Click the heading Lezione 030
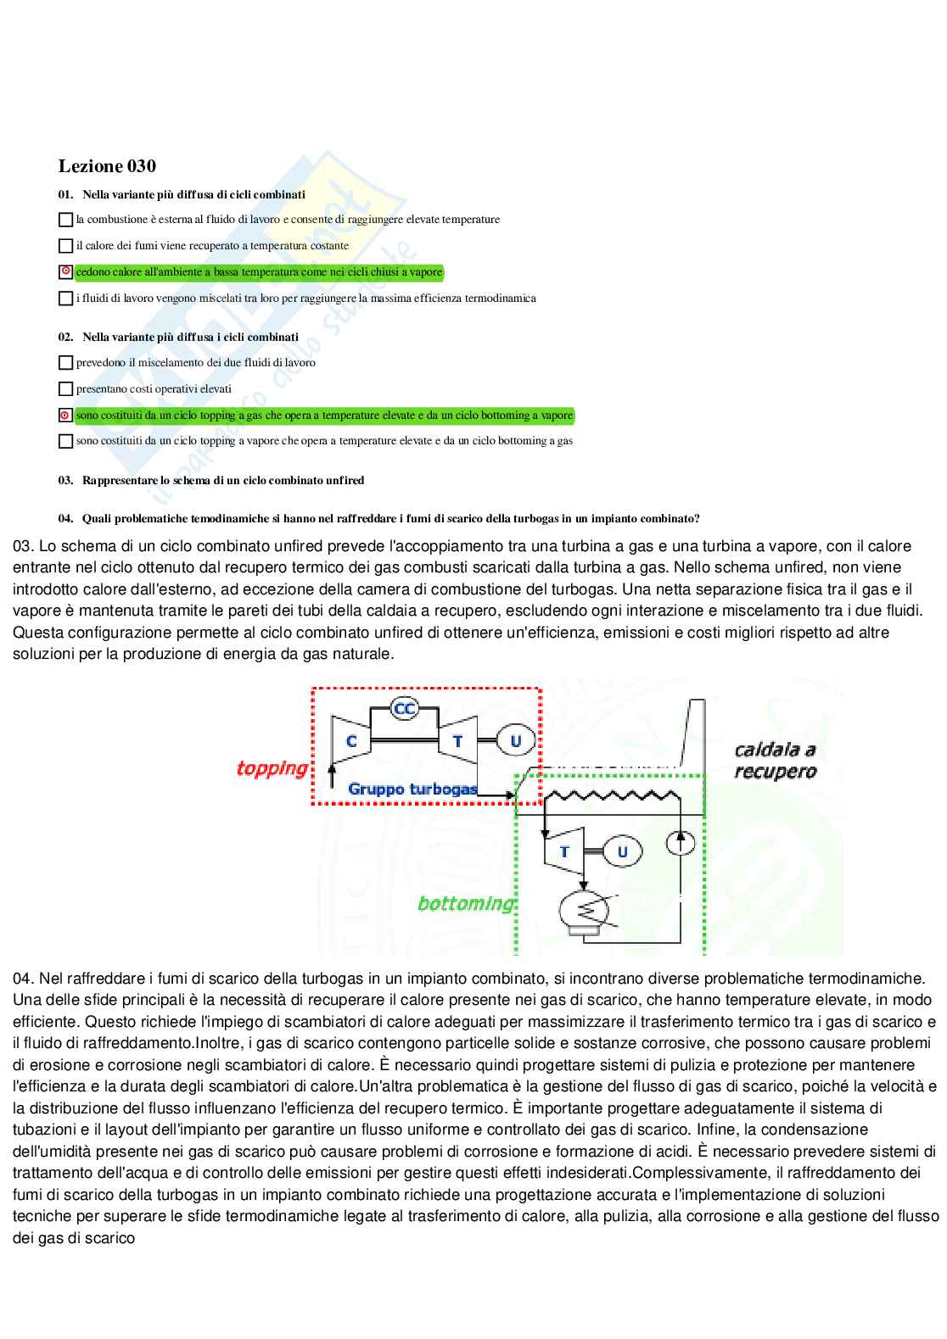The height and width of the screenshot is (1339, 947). (x=107, y=166)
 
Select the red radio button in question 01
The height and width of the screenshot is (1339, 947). (x=65, y=272)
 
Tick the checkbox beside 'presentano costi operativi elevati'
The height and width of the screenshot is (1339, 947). (x=65, y=389)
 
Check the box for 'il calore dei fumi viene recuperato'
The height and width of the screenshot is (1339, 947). (x=65, y=246)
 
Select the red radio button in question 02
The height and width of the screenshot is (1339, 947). (x=65, y=416)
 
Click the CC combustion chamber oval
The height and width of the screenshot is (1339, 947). (x=405, y=709)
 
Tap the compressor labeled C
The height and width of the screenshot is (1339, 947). (x=350, y=740)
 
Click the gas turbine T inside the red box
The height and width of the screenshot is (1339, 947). (x=457, y=740)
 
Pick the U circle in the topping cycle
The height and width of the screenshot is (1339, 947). (x=514, y=740)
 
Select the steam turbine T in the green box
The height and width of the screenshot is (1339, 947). (x=563, y=851)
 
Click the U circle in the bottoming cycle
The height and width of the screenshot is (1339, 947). (x=622, y=851)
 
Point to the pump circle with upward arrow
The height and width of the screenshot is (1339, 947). (x=681, y=842)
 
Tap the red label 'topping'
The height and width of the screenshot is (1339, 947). (x=272, y=768)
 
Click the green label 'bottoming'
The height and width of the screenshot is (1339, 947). (x=466, y=903)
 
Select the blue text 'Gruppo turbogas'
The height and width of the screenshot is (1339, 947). (x=412, y=789)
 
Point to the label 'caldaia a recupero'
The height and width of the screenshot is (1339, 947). (x=775, y=761)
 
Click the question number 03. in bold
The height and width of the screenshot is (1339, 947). (x=65, y=480)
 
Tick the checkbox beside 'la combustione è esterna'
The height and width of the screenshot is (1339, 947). (x=65, y=220)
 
